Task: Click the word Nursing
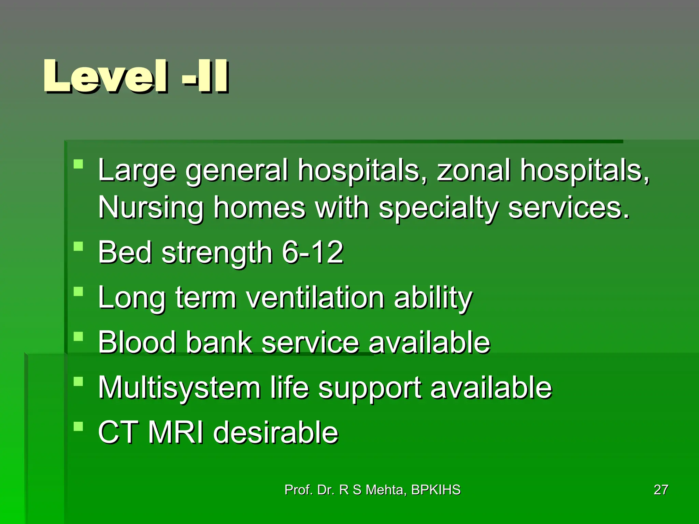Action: pos(151,208)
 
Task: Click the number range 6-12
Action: pos(312,252)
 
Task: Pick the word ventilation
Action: pos(315,297)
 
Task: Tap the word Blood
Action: pos(137,342)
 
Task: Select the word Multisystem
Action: pos(180,388)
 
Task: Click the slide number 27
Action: pos(661,490)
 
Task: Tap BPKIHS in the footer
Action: pos(436,490)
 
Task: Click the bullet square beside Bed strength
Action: pos(79,246)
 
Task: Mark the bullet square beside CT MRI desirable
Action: pos(79,426)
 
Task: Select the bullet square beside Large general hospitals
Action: pos(79,164)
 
